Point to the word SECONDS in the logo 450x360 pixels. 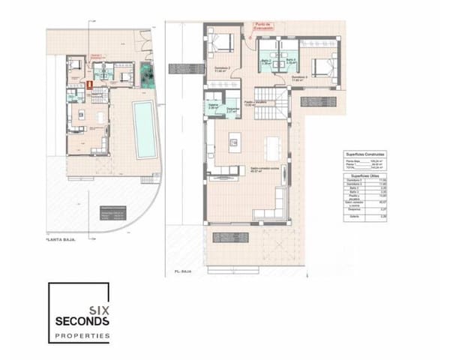pos(82,321)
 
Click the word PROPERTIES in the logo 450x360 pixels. pos(82,335)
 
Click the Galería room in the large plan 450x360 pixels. pos(213,106)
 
